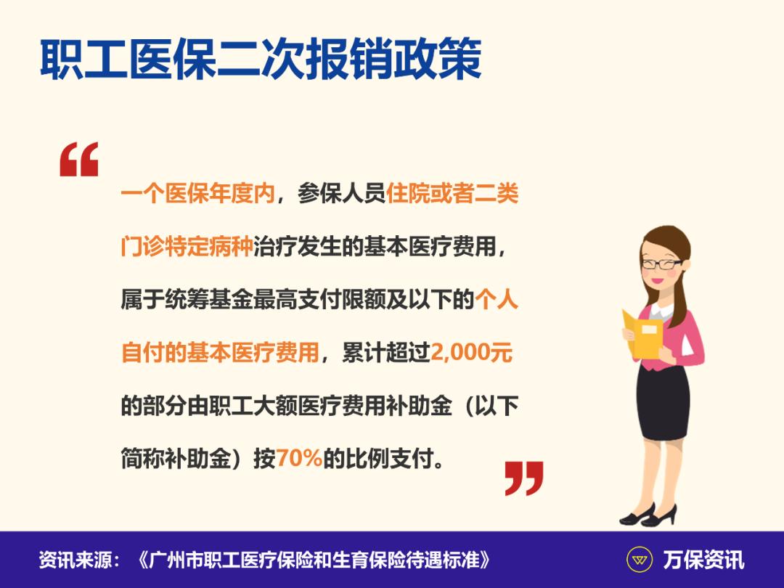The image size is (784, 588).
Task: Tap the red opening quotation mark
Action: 78,160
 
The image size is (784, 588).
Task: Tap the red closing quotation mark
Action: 524,477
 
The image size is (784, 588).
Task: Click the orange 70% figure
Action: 298,459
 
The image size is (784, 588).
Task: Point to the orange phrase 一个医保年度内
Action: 198,195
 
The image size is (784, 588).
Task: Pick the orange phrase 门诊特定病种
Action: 187,248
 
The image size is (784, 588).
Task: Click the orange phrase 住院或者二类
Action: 453,195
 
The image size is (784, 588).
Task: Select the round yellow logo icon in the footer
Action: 639,560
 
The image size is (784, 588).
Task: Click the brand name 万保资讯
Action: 703,560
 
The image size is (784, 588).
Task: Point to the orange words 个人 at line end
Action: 497,300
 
